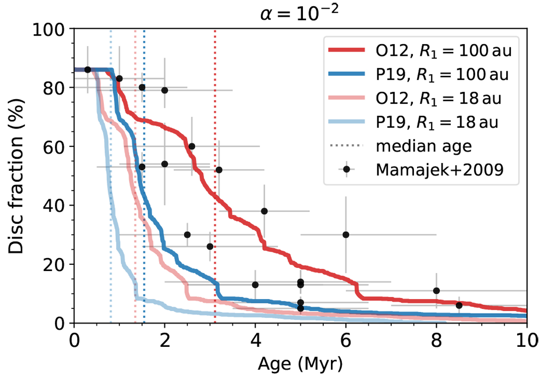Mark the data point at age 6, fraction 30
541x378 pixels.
click(x=346, y=235)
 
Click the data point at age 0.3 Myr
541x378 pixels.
click(x=87, y=69)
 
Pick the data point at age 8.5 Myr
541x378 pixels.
click(x=459, y=305)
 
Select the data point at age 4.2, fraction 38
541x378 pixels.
click(x=264, y=211)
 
